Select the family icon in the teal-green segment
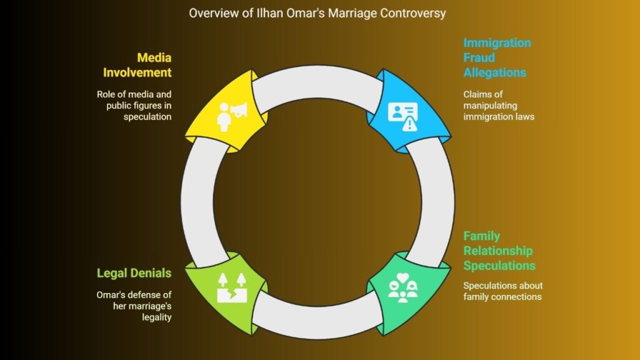point(403,287)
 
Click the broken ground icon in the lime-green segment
point(232,287)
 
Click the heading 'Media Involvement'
point(137,65)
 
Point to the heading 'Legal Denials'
point(134,273)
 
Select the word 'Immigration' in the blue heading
point(497,43)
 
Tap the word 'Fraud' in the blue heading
point(479,57)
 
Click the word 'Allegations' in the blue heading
point(495,72)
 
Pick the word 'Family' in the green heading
point(482,236)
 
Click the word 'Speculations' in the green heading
point(499,266)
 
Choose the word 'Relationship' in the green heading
point(498,251)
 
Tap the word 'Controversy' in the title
point(412,13)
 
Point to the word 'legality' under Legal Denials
point(157,317)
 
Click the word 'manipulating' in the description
point(490,106)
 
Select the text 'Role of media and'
point(134,94)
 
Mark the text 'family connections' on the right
point(502,297)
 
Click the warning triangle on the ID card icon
point(410,124)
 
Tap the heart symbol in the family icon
point(403,277)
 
